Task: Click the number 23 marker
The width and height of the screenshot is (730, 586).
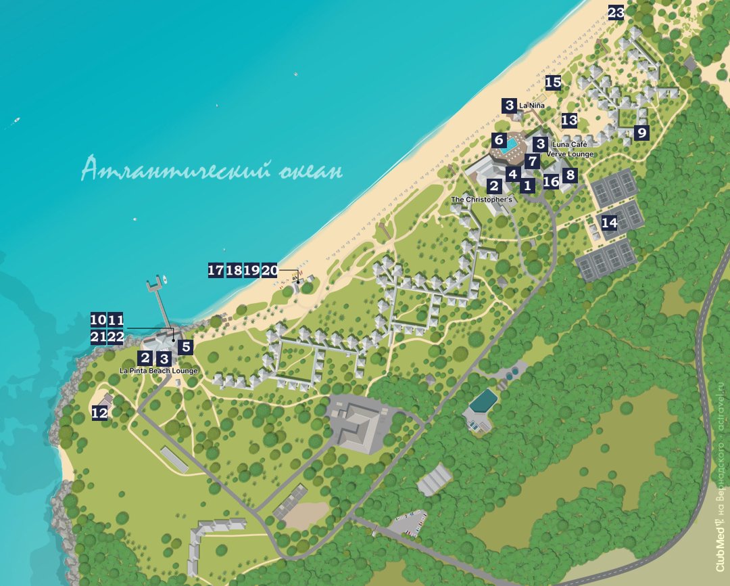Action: tap(616, 13)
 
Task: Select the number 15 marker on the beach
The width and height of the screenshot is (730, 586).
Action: tap(553, 83)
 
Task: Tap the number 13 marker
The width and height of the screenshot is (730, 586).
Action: tap(569, 120)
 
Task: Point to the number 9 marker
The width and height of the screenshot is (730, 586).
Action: tap(641, 133)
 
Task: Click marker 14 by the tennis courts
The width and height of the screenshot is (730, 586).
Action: tap(609, 222)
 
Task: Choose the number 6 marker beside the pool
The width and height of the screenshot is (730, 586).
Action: tap(499, 141)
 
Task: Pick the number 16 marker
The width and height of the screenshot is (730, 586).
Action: tap(551, 181)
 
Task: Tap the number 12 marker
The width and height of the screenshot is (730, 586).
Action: tap(99, 412)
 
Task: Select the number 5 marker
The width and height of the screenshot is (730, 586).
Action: tap(185, 347)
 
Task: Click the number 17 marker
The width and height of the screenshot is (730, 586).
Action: tap(216, 270)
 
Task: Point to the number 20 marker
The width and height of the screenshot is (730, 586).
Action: tap(270, 270)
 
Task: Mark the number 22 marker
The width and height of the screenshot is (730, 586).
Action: tap(116, 337)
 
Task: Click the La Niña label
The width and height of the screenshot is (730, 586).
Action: tap(531, 106)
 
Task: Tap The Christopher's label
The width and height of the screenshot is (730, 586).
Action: tap(481, 200)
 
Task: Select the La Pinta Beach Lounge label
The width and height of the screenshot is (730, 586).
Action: tap(158, 371)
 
